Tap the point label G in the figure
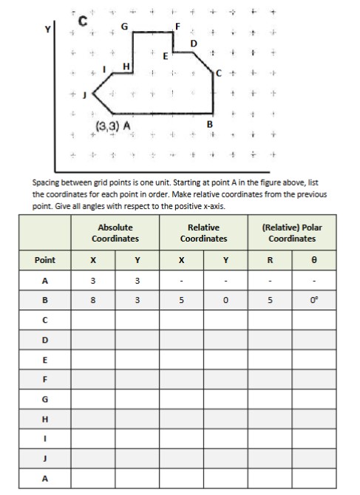(x=124, y=26)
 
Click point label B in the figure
(x=211, y=123)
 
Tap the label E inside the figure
(x=164, y=55)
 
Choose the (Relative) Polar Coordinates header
(x=292, y=233)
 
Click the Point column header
(x=45, y=260)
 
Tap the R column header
(x=270, y=260)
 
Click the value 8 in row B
(x=92, y=301)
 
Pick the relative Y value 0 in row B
(x=225, y=301)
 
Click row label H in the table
(x=45, y=417)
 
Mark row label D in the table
(x=45, y=339)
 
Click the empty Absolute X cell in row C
(x=92, y=320)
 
